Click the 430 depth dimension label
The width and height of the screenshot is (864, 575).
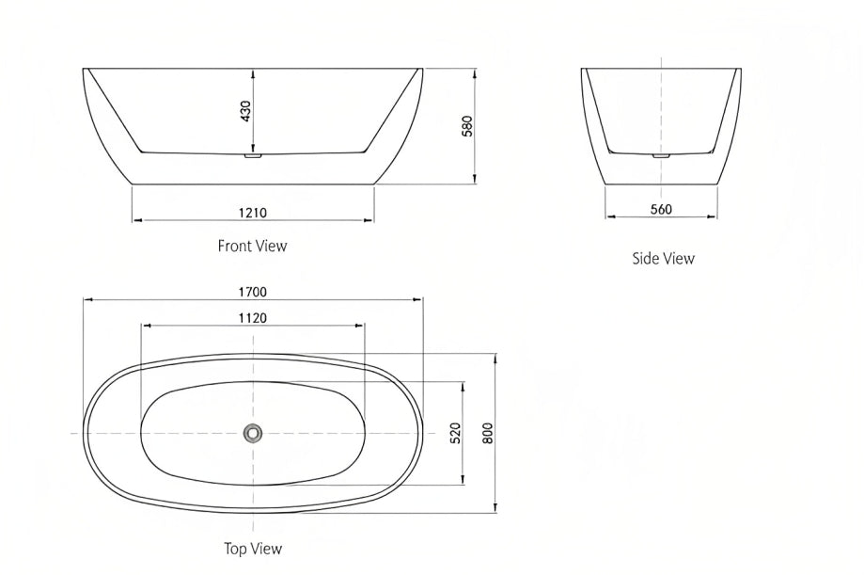[245, 111]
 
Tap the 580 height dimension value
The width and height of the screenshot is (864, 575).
[467, 126]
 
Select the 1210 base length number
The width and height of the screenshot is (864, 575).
[252, 213]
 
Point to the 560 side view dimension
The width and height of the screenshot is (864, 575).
[661, 209]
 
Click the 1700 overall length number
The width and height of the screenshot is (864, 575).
[252, 292]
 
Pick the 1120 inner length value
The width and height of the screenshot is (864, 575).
[252, 318]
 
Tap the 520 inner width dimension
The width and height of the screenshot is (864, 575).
[456, 433]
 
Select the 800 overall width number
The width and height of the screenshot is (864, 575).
[488, 433]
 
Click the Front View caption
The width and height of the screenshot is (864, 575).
[252, 246]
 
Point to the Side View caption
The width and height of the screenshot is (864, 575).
[664, 258]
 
